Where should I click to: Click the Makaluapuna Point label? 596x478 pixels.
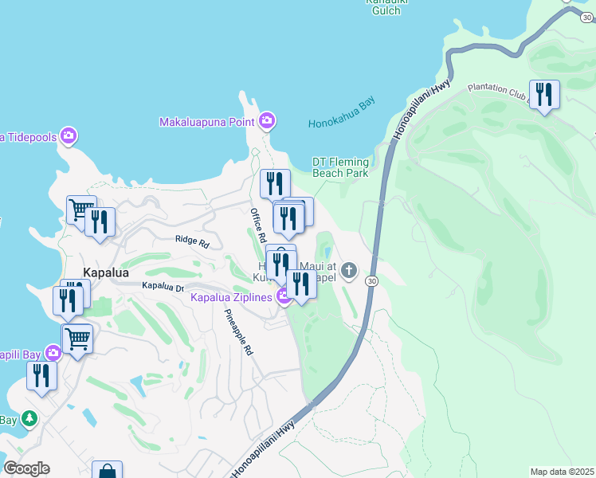point(206,122)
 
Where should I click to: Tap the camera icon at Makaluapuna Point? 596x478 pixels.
point(267,121)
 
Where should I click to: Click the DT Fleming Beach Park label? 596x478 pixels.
point(340,167)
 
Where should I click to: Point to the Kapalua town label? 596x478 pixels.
point(105,272)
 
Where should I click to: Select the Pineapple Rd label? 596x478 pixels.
point(238,331)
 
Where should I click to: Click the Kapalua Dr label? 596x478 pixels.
point(163,286)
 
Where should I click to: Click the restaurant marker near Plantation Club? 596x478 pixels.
point(544,95)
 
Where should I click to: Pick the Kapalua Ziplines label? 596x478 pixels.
point(231,297)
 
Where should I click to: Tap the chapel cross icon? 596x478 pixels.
point(348,272)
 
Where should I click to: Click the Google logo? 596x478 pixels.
point(26,468)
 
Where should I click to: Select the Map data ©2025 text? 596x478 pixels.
point(562,472)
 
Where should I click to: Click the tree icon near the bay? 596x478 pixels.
point(29,417)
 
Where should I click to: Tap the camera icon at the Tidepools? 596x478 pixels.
point(69,136)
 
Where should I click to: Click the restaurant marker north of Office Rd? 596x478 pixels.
point(274,184)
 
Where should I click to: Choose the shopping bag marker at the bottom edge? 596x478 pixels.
point(106,472)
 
